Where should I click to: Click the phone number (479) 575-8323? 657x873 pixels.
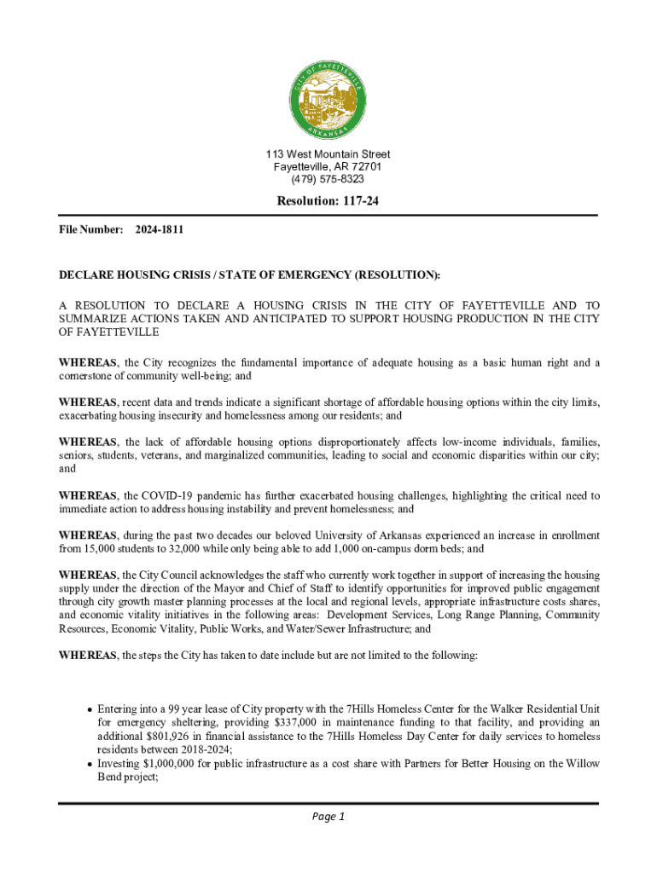point(328,179)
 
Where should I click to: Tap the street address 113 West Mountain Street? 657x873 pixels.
point(328,154)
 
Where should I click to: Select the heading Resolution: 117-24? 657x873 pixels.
point(328,202)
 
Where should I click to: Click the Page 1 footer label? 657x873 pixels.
point(328,817)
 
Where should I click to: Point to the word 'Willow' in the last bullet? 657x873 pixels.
point(582,763)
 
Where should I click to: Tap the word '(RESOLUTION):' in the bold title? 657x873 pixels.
point(398,275)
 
